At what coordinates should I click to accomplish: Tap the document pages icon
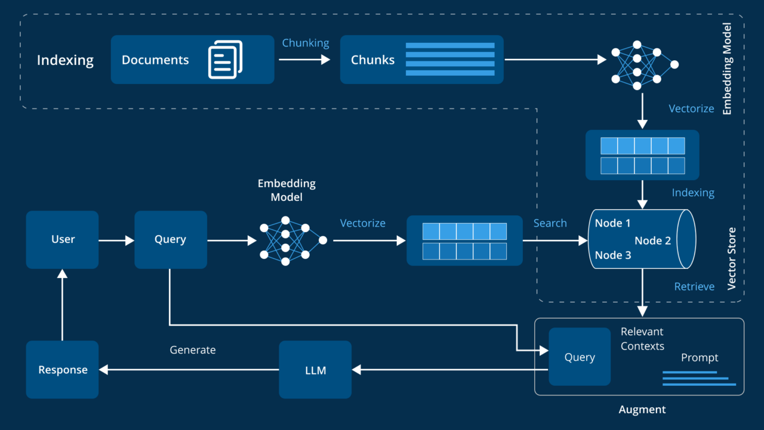(225, 59)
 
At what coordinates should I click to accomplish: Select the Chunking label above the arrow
(306, 43)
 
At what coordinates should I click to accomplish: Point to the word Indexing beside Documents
(65, 60)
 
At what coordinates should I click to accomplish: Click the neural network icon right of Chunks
(645, 65)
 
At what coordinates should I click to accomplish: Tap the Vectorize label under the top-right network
(691, 109)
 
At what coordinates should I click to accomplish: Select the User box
(63, 239)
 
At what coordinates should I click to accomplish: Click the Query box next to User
(171, 239)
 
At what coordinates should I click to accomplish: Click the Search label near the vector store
(550, 223)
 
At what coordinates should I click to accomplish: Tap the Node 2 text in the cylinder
(652, 241)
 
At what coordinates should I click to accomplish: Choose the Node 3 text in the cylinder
(613, 255)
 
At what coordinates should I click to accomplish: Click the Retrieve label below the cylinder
(694, 287)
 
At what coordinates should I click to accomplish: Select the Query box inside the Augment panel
(580, 357)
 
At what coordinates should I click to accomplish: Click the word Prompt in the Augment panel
(700, 358)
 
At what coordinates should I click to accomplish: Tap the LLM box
(315, 370)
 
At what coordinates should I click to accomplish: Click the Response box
(63, 370)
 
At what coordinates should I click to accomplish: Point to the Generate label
(193, 350)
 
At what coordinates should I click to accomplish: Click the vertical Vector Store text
(732, 258)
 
